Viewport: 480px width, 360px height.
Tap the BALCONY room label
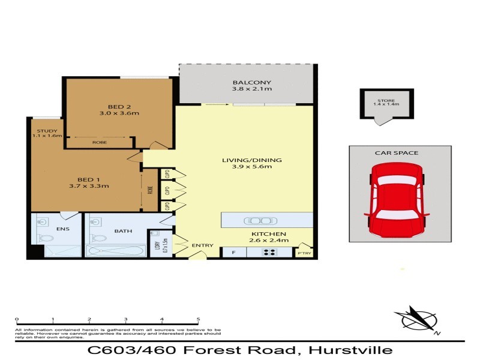(252, 83)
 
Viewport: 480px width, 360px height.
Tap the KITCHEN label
(269, 233)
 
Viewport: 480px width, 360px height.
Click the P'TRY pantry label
(304, 254)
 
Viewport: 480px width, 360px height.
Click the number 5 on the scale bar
(198, 320)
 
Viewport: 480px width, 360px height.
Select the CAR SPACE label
(397, 153)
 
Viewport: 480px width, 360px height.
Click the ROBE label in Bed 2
(100, 142)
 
